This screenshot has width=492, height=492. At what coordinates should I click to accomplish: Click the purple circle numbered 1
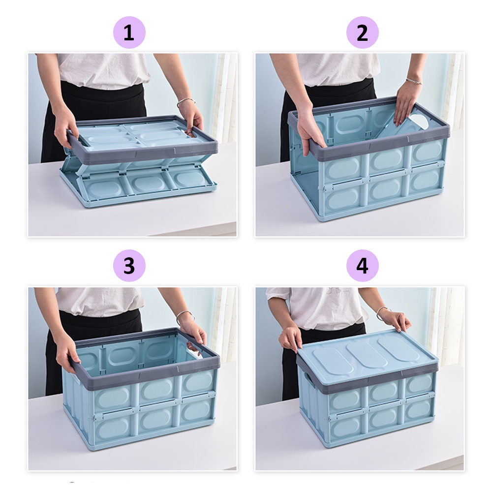129,32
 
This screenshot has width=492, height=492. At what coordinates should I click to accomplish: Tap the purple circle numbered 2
363,32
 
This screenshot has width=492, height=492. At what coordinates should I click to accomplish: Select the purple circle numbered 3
129,266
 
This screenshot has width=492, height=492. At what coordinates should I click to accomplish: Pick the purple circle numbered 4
363,266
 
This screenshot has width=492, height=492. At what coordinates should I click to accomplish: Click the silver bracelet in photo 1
186,101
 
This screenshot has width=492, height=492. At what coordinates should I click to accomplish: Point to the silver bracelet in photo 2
414,81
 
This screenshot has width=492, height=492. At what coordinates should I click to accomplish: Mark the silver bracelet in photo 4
383,311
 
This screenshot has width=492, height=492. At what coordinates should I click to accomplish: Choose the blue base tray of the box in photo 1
138,188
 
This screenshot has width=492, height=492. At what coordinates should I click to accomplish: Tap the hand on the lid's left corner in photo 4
291,338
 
